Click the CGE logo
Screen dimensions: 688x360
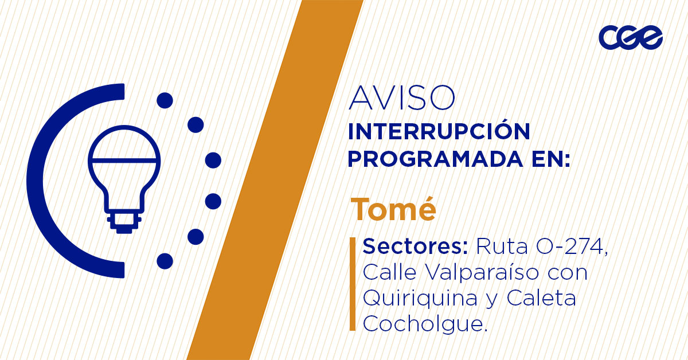click(631, 37)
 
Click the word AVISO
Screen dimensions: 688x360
click(402, 98)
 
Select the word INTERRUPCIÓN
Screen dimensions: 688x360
click(439, 132)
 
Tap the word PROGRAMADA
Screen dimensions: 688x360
click(436, 159)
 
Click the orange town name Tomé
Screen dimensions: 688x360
click(393, 209)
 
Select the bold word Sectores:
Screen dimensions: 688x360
click(415, 246)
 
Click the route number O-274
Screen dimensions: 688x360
click(571, 246)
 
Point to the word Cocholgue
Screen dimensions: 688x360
click(425, 323)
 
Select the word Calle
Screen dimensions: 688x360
click(389, 272)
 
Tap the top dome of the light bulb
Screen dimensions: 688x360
click(124, 143)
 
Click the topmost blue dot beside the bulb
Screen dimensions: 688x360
click(165, 100)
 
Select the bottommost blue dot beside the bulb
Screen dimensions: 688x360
click(165, 261)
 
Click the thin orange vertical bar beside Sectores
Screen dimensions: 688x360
click(353, 284)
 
